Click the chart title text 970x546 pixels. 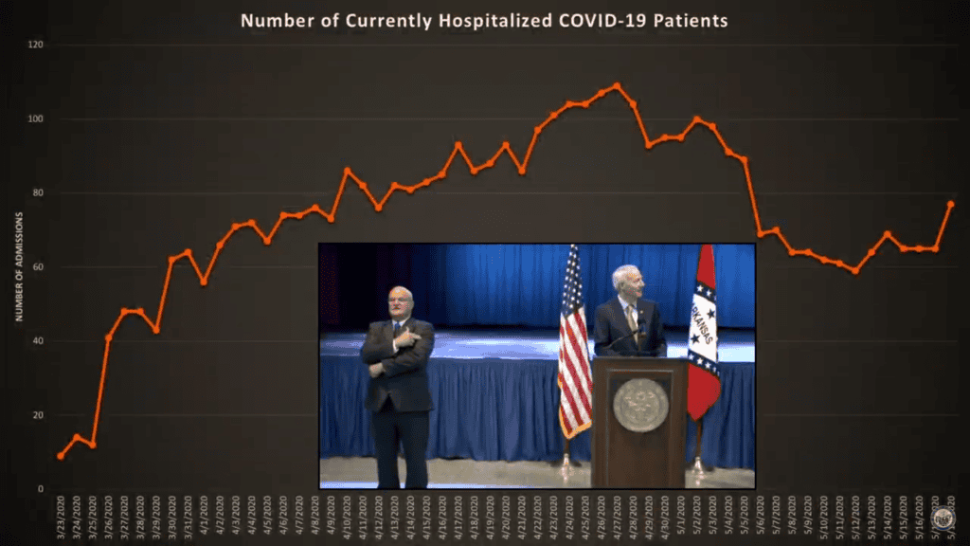[x=484, y=20]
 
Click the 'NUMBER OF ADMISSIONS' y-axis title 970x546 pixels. [x=18, y=267]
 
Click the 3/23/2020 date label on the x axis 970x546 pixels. [x=61, y=516]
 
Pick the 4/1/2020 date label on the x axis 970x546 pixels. [x=203, y=516]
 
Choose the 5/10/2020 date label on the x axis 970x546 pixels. [x=823, y=516]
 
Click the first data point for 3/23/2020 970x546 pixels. [x=61, y=456]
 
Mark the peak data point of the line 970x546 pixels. [x=617, y=85]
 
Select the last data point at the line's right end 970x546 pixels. [x=950, y=204]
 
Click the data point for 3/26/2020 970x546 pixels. [x=108, y=337]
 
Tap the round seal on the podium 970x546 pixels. [x=640, y=405]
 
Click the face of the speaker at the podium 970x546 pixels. [x=627, y=282]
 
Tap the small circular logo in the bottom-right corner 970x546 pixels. [x=942, y=518]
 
